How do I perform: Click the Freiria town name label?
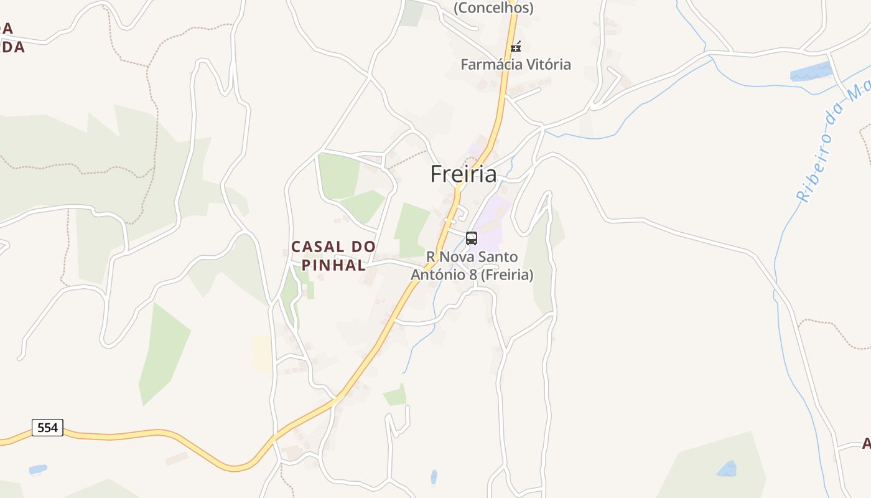pyautogui.click(x=463, y=174)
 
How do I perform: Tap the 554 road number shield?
pyautogui.click(x=47, y=428)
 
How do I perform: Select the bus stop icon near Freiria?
pyautogui.click(x=472, y=238)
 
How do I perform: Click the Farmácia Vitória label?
pyautogui.click(x=515, y=64)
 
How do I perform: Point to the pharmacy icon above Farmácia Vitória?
pyautogui.click(x=515, y=46)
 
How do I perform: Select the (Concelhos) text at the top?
pyautogui.click(x=493, y=7)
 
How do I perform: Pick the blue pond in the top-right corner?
pyautogui.click(x=811, y=72)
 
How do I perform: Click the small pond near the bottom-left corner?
pyautogui.click(x=37, y=469)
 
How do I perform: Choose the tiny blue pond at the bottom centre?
pyautogui.click(x=434, y=477)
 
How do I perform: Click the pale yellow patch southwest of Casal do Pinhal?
pyautogui.click(x=262, y=354)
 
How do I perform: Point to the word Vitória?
pyautogui.click(x=548, y=64)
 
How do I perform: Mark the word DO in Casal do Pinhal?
pyautogui.click(x=363, y=247)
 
